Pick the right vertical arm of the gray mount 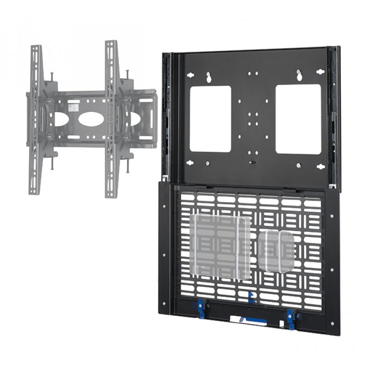pos(111,118)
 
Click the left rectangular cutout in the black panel pos(210,119)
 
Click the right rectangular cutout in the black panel pos(298,119)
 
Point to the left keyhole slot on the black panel pos(209,77)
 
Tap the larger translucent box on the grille pos(221,247)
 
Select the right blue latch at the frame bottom pos(290,315)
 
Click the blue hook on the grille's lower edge pos(251,297)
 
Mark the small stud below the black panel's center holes pos(252,162)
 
